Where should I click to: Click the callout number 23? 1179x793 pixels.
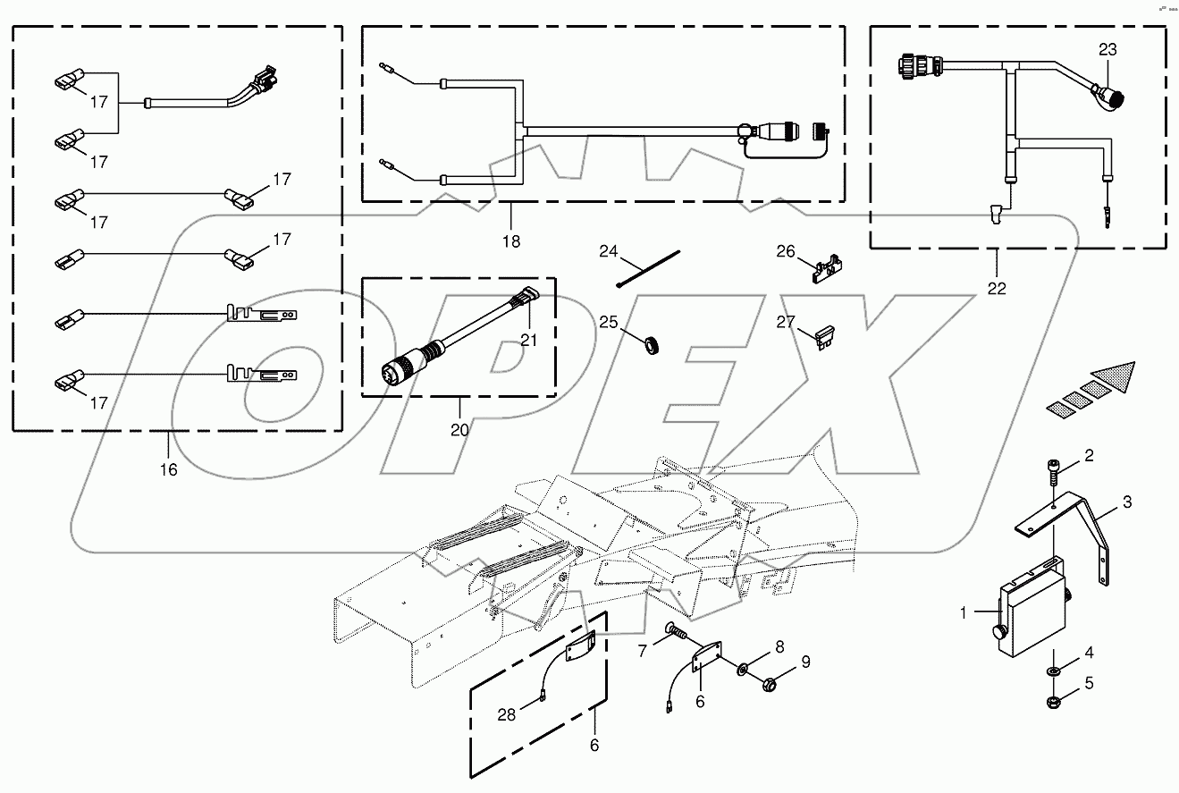[1107, 50]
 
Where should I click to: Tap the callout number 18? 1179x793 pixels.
[510, 241]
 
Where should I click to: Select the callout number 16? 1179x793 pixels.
[168, 468]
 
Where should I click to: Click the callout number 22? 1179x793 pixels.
[997, 288]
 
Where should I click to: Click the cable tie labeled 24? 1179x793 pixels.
[647, 268]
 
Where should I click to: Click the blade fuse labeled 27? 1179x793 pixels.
[828, 337]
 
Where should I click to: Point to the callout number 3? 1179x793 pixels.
[1127, 502]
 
